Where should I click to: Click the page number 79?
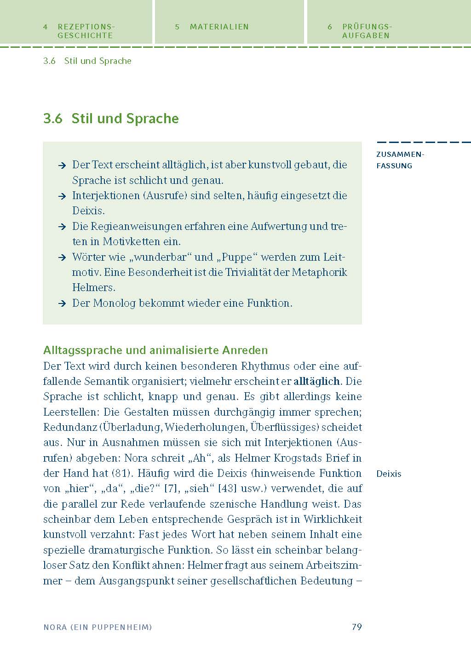coord(356,627)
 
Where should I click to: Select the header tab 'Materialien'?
coord(219,27)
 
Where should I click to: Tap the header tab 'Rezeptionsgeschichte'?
coord(85,31)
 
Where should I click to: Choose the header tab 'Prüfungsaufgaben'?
coord(366,31)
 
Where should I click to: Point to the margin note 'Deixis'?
coord(389,474)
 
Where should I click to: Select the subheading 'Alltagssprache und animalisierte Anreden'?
coord(155,350)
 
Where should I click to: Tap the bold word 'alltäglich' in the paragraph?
coord(317,381)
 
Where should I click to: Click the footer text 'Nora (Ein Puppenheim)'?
coord(98,627)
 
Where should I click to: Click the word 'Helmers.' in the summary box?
coord(94,288)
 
